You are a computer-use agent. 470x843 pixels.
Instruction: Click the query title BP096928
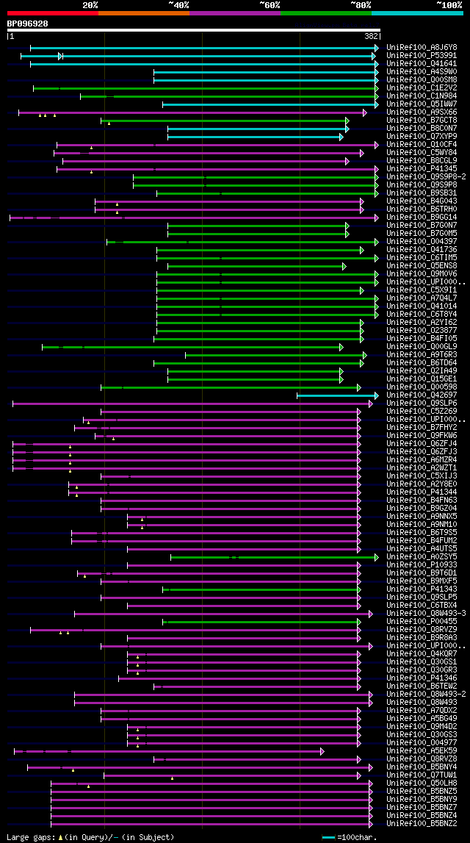(28, 24)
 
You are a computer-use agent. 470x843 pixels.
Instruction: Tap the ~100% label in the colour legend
(449, 4)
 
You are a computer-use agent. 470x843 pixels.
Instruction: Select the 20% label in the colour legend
(90, 4)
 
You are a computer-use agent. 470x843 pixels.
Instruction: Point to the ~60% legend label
(270, 4)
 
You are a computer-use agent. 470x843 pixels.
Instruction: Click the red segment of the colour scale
(52, 12)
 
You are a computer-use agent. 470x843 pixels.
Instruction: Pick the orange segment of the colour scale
(143, 12)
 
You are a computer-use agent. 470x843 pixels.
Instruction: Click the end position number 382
(372, 36)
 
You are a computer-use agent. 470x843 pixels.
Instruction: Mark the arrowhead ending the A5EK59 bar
(322, 751)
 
